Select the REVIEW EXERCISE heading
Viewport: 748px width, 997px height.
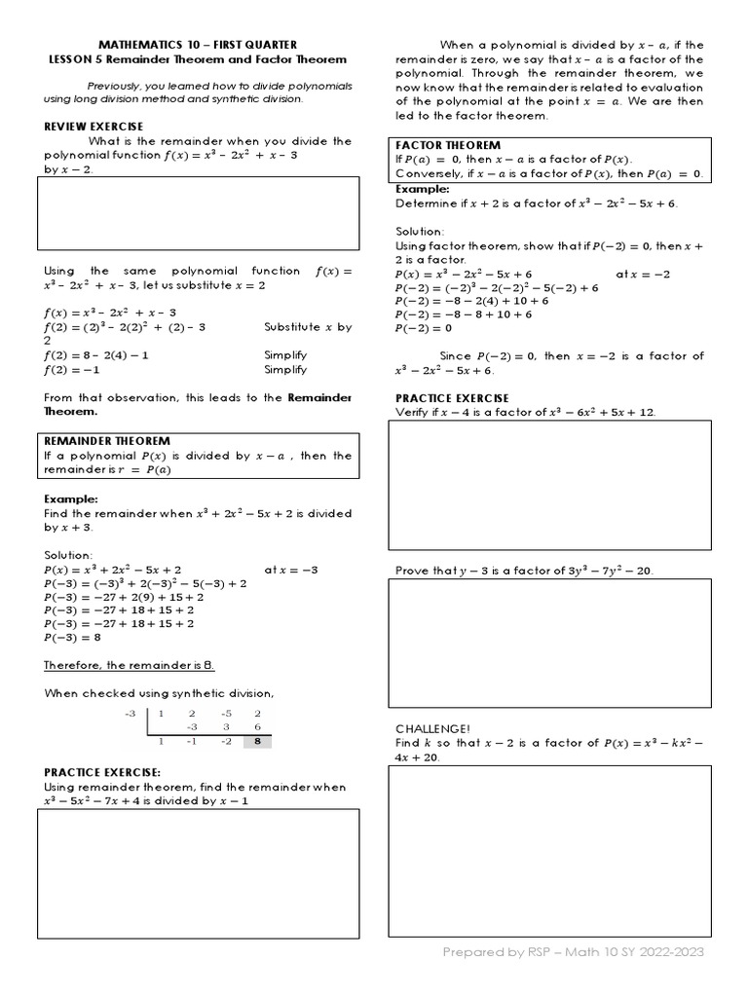click(x=93, y=127)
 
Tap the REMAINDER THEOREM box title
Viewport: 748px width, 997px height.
click(x=107, y=441)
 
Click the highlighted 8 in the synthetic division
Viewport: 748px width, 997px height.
click(x=258, y=741)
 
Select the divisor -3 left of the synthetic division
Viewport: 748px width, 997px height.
click(x=129, y=714)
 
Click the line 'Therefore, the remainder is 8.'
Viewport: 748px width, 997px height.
click(x=129, y=665)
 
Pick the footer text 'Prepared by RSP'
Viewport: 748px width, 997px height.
click(x=499, y=951)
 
